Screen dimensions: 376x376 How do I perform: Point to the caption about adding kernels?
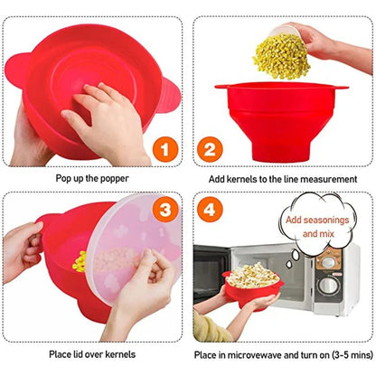coord(282,179)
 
